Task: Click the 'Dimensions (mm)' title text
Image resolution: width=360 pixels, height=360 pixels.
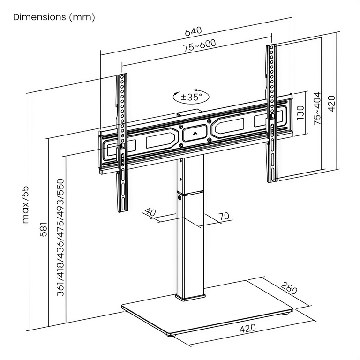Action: tap(54, 17)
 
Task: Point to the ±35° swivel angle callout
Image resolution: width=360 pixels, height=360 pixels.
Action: tap(190, 97)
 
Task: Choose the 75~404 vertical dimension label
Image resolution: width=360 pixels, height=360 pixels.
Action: tap(317, 107)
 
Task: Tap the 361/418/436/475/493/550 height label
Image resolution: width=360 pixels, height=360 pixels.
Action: tap(60, 237)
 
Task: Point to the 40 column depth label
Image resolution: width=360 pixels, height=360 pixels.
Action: tap(150, 212)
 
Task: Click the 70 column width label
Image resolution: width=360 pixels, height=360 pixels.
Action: tap(224, 216)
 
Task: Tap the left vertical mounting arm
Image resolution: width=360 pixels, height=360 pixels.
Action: tap(122, 141)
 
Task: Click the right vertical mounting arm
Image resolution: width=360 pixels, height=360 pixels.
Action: tap(271, 112)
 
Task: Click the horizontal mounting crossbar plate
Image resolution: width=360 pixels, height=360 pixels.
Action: tap(155, 141)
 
